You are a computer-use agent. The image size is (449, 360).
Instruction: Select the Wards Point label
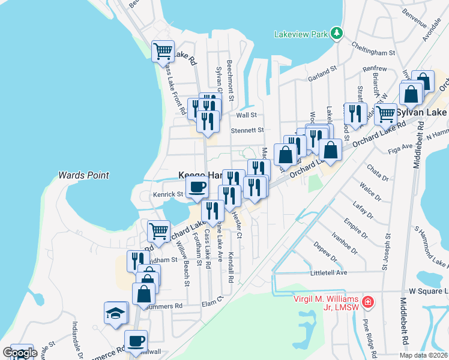coord(83,175)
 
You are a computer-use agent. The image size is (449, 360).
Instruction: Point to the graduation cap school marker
coord(115,313)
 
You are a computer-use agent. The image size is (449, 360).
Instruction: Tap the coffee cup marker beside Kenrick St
coord(196,188)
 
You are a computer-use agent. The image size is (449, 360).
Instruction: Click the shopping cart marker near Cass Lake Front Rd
coord(163,52)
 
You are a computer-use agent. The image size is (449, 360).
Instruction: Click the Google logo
coord(19,353)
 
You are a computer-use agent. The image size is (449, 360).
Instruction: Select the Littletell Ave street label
coord(328,272)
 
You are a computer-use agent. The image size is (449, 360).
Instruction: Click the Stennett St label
coord(247,130)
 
